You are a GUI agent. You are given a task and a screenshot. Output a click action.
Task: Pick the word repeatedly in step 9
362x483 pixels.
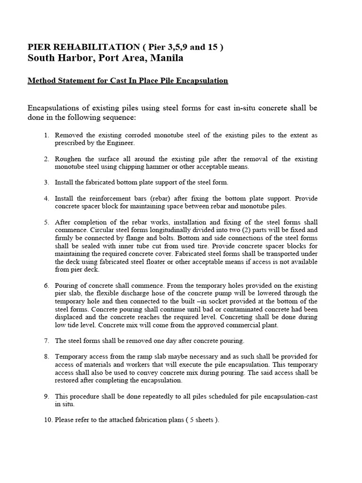click(145, 396)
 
